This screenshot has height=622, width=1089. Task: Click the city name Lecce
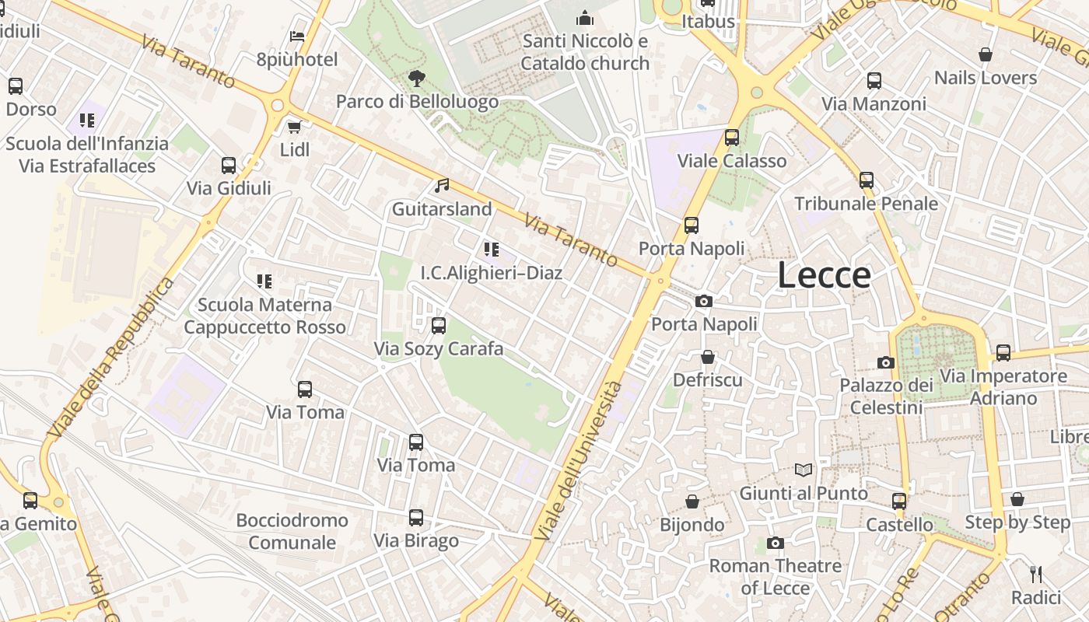(x=824, y=276)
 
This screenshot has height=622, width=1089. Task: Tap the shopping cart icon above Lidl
(x=294, y=127)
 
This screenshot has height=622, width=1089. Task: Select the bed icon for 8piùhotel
(x=297, y=36)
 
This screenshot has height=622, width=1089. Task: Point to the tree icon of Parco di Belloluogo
(x=417, y=78)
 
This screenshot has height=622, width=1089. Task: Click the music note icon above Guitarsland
(x=442, y=186)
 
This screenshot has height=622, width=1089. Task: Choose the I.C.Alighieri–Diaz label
(x=491, y=273)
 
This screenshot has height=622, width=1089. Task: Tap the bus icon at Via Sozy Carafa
(x=439, y=325)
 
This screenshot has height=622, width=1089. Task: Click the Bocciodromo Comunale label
(x=292, y=531)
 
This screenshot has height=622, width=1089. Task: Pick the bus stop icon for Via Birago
(x=416, y=517)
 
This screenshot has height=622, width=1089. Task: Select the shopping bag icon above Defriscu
(x=708, y=357)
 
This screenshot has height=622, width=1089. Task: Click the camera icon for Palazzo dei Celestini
(x=885, y=362)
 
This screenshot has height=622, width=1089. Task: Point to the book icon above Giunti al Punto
(x=804, y=470)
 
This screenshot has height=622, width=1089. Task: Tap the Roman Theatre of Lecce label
(x=775, y=577)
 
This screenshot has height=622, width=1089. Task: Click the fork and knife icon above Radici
(x=1035, y=575)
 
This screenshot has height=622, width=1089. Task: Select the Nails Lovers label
(x=986, y=78)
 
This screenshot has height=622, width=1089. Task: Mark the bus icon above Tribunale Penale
(x=867, y=180)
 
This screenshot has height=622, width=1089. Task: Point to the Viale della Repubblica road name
(x=110, y=358)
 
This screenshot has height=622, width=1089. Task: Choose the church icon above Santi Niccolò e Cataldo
(x=585, y=18)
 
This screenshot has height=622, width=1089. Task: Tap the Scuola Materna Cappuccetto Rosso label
(x=264, y=316)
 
